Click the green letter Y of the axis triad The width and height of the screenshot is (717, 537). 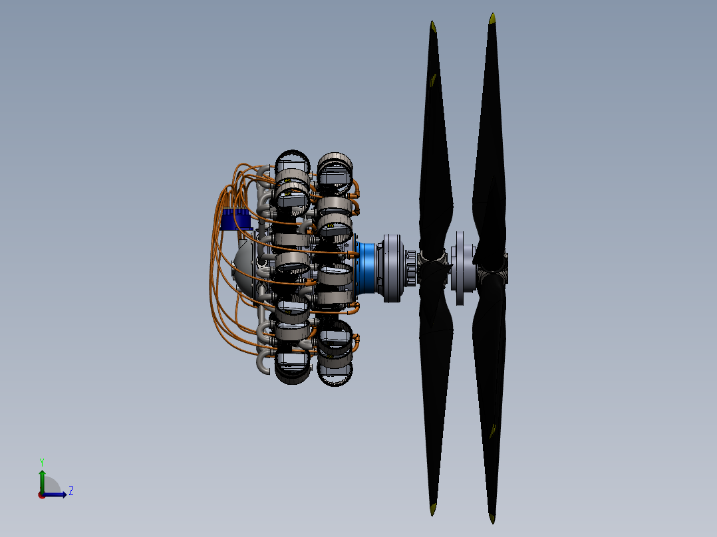coord(42,462)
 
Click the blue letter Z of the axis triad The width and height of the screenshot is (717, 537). coord(71,491)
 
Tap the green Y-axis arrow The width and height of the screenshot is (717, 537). coord(42,481)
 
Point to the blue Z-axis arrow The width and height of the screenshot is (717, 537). coord(54,494)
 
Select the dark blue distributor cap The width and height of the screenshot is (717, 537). coord(235,219)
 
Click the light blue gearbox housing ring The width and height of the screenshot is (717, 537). coord(365,268)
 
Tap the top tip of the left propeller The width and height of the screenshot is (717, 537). coord(432,23)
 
